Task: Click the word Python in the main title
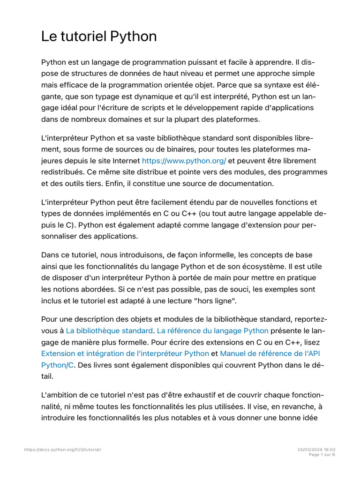click(133, 37)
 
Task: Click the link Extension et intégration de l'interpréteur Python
click(125, 353)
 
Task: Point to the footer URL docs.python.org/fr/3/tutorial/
click(62, 450)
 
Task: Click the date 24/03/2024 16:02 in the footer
click(316, 450)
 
